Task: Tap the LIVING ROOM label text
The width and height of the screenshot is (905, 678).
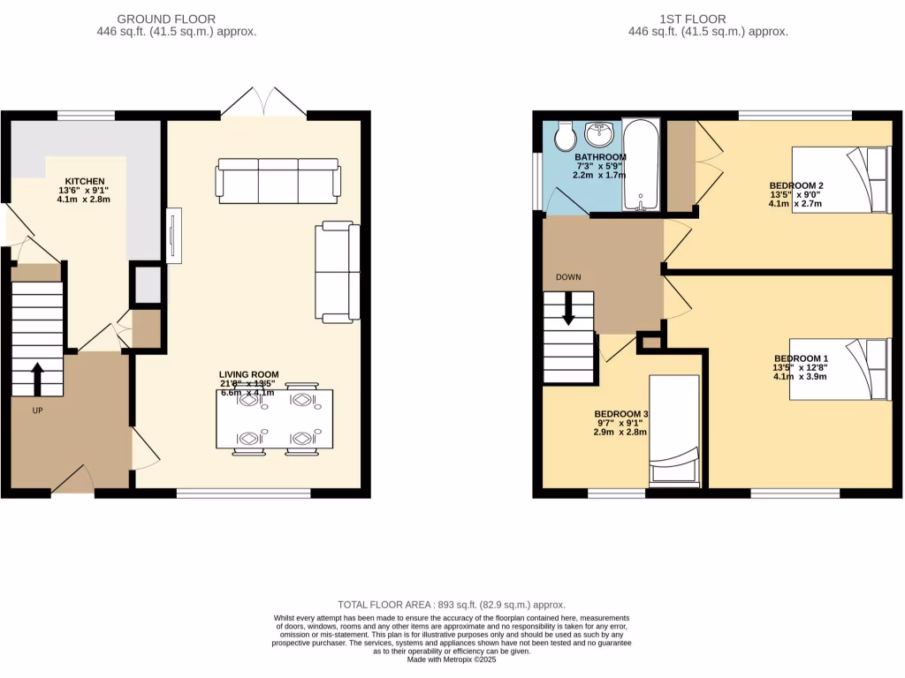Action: click(x=249, y=374)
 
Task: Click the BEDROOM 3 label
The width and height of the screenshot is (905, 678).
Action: click(x=621, y=414)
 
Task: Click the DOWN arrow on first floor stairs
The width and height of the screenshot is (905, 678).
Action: click(x=568, y=306)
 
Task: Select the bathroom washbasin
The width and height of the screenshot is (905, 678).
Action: click(x=600, y=134)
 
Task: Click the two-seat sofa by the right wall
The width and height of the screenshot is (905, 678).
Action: click(x=338, y=271)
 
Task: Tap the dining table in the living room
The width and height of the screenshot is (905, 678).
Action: click(x=277, y=419)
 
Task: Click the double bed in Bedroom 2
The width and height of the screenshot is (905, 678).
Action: click(x=840, y=179)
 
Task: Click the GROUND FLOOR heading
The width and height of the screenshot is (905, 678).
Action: click(x=166, y=19)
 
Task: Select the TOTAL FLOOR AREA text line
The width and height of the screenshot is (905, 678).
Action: click(x=452, y=605)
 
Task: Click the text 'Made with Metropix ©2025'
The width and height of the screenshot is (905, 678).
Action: click(x=452, y=660)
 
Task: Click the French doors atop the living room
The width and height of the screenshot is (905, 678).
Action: click(x=263, y=102)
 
